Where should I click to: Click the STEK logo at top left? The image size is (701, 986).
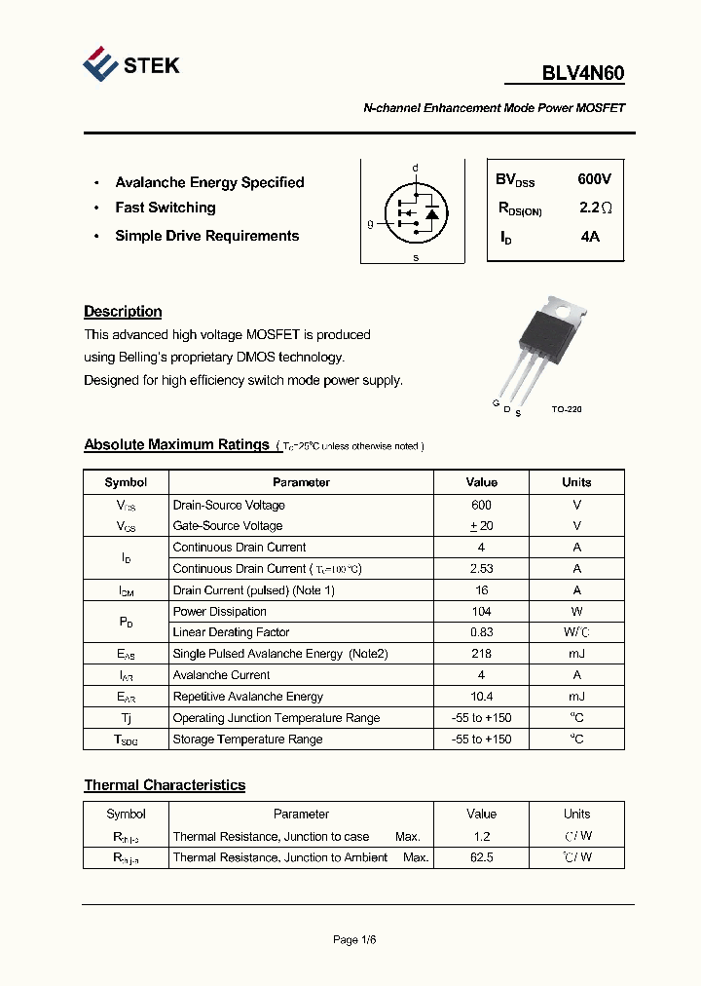(130, 65)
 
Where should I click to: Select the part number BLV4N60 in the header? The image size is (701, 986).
(582, 74)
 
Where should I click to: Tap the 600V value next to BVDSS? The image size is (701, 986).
(594, 179)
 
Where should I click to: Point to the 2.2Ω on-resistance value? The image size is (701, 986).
(595, 208)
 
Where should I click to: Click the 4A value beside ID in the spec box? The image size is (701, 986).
(589, 236)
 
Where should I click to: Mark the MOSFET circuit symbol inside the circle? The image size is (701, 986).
(416, 211)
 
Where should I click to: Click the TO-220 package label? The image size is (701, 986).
(566, 409)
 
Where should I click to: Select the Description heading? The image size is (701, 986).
(123, 312)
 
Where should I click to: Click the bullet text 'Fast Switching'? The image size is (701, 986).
(166, 208)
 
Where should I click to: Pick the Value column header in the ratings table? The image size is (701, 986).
(481, 482)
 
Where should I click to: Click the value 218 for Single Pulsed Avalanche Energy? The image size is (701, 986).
(481, 654)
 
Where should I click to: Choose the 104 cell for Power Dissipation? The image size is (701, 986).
(481, 612)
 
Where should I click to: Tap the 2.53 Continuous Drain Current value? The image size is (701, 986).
(481, 569)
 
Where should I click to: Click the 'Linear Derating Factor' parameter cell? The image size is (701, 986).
(231, 633)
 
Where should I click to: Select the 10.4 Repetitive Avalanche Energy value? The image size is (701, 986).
(481, 697)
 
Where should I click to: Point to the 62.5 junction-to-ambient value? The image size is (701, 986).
(481, 857)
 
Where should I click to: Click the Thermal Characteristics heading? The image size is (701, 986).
(165, 785)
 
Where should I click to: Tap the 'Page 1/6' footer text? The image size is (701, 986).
(354, 940)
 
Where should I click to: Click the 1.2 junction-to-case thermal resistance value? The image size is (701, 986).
(481, 836)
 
